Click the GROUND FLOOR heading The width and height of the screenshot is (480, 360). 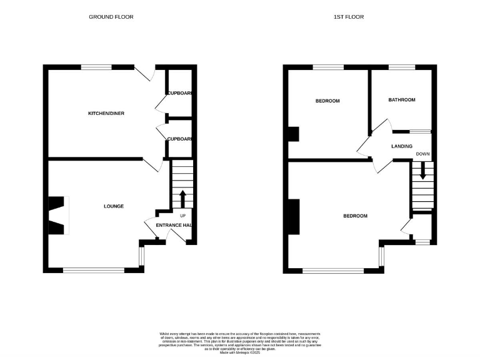tap(111, 17)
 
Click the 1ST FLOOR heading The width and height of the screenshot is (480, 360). tap(348, 17)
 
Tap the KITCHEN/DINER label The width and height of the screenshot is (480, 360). tap(104, 114)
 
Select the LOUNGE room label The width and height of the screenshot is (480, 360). tap(114, 206)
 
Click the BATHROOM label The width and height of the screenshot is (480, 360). tap(401, 100)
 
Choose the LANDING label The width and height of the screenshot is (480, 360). tap(401, 146)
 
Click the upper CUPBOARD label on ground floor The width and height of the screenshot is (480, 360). tap(179, 93)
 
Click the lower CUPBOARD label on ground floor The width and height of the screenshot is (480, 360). tap(179, 139)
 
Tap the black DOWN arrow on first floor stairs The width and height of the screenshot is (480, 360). tap(422, 171)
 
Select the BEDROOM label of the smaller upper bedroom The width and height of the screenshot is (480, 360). tap(327, 101)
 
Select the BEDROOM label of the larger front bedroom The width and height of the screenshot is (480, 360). tap(355, 216)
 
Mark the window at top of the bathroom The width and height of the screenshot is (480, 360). tap(401, 67)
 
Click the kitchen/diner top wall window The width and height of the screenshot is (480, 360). tap(96, 67)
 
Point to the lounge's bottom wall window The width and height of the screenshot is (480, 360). tap(94, 270)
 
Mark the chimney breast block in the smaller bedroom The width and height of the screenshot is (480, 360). tap(293, 134)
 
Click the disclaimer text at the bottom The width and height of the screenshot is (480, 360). tap(239, 341)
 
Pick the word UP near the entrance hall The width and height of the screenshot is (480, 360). tap(183, 216)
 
